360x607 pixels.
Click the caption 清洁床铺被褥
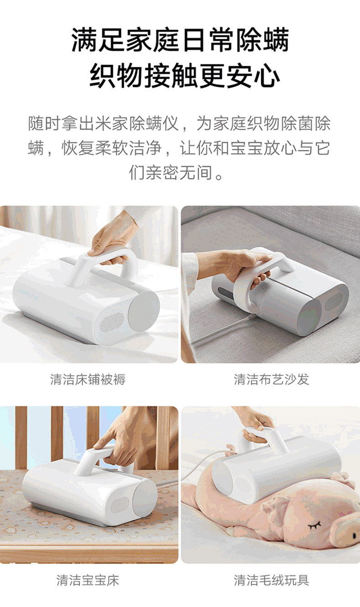pos(88,379)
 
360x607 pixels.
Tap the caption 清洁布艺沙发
pos(272,379)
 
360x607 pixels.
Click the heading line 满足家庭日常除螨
pos(180,40)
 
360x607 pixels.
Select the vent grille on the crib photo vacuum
pos(120,505)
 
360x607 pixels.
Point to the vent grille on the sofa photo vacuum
pos(334,301)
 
